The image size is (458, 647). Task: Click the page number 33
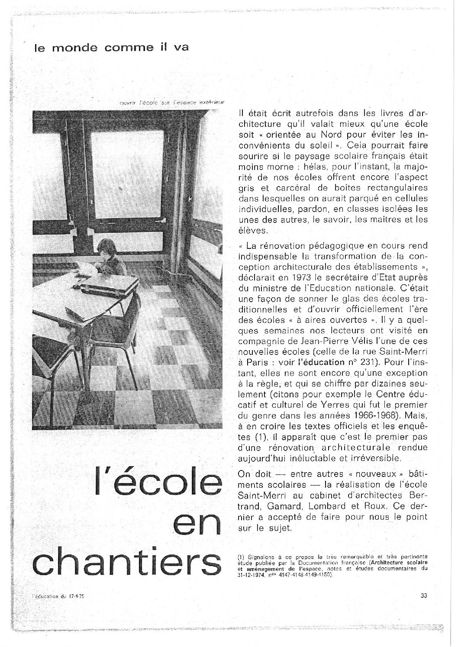pyautogui.click(x=424, y=595)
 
